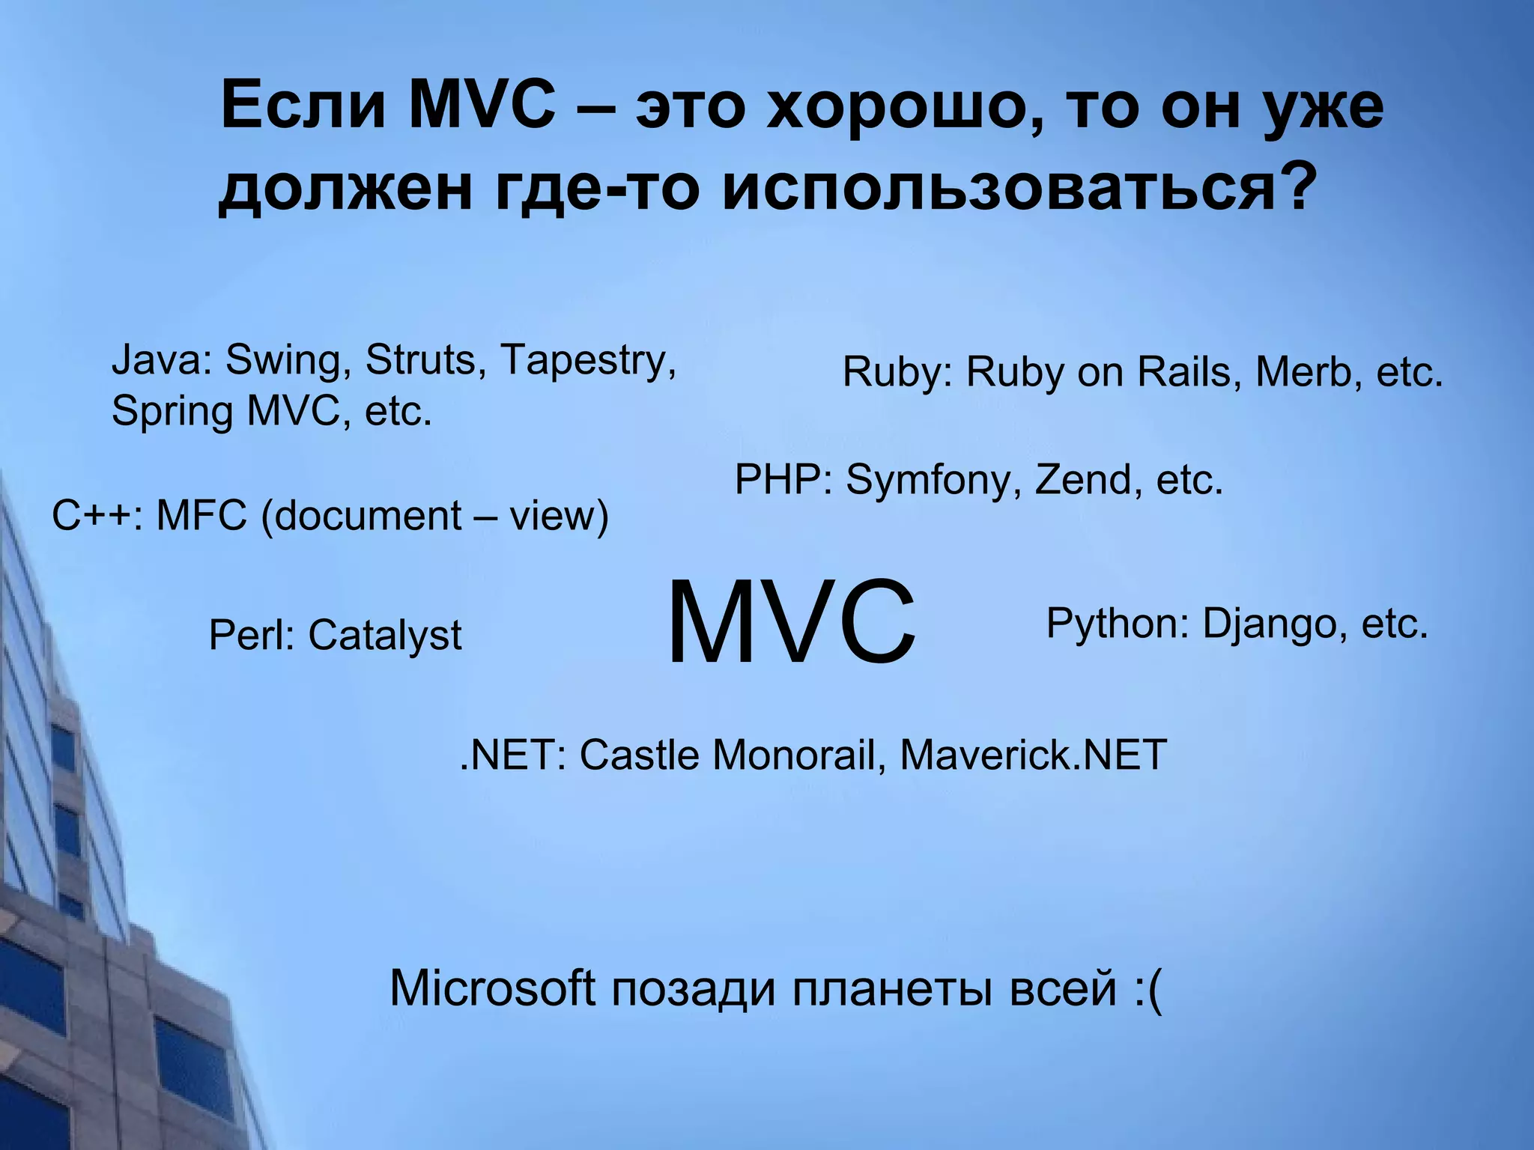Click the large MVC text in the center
point(790,624)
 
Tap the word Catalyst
point(385,636)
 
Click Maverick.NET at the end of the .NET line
point(1033,755)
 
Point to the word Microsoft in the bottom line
point(492,988)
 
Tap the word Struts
point(420,360)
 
